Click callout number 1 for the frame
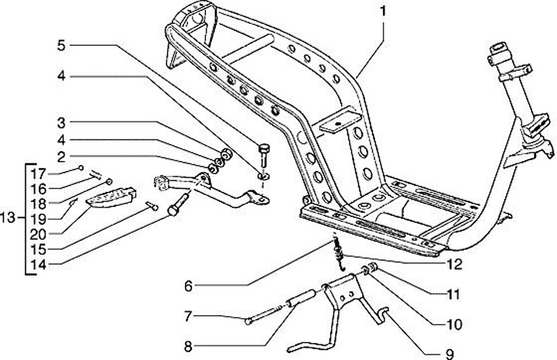pos(381,12)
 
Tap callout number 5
pos(60,46)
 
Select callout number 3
pos(60,122)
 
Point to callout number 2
pos(60,156)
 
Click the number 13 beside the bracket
pos(9,218)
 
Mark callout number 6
pos(188,284)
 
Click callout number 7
pos(188,315)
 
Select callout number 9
pos(448,354)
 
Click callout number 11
pos(453,295)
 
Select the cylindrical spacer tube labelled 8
pos(302,298)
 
